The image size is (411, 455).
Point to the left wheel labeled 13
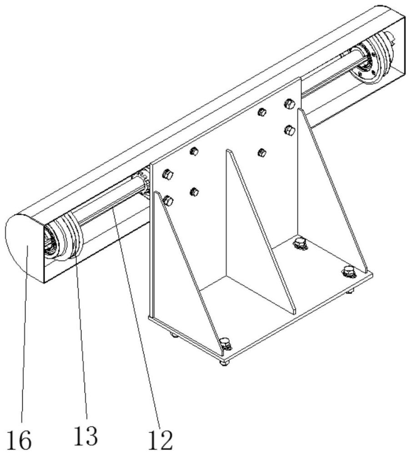click(x=68, y=239)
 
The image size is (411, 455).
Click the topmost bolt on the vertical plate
click(x=289, y=104)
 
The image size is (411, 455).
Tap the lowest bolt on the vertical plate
click(x=167, y=200)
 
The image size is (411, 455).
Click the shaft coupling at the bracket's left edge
click(x=143, y=182)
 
